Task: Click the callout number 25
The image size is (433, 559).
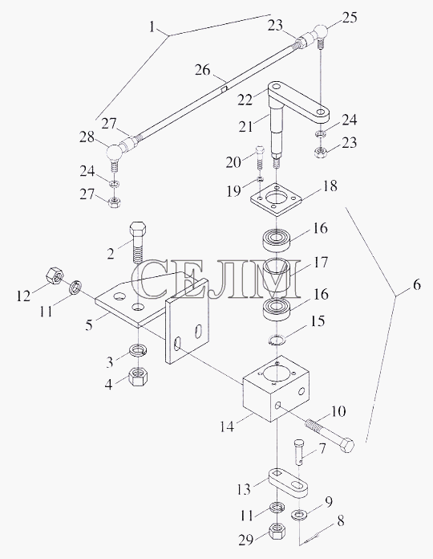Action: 349,17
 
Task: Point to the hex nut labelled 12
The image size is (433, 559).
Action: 55,275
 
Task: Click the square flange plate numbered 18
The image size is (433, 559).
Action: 276,198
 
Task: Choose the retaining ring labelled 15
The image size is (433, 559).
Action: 277,340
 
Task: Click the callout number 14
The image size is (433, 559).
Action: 227,426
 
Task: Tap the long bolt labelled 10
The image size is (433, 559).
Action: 330,435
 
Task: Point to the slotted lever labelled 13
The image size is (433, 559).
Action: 288,483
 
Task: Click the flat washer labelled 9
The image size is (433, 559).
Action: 299,514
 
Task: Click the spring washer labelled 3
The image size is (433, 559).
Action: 139,350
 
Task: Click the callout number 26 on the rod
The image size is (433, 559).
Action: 203,70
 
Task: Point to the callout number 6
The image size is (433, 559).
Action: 416,285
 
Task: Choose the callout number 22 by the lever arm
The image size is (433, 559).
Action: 245,99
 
